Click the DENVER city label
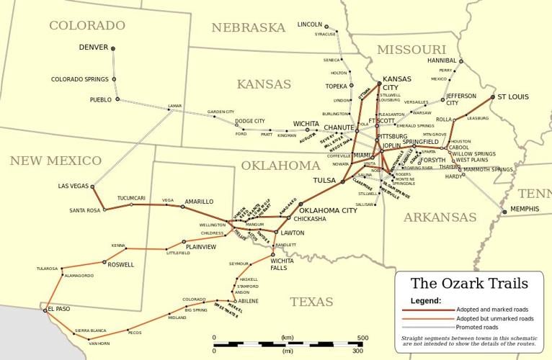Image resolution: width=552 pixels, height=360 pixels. click(93, 48)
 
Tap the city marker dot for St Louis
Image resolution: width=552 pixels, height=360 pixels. click(493, 96)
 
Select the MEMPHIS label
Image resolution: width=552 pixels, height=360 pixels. click(525, 209)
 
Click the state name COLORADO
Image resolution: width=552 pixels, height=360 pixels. click(86, 25)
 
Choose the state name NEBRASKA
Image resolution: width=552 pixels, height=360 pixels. click(249, 27)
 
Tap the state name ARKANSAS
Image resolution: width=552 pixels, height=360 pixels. click(440, 217)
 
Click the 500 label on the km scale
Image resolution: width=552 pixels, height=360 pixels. click(362, 337)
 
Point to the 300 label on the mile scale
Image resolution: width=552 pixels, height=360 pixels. click(357, 351)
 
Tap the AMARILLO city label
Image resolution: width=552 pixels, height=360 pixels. click(199, 202)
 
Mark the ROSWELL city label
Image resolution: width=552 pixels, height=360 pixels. click(120, 264)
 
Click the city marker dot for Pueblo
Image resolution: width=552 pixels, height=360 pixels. click(117, 99)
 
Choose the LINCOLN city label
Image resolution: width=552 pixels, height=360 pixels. click(309, 24)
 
